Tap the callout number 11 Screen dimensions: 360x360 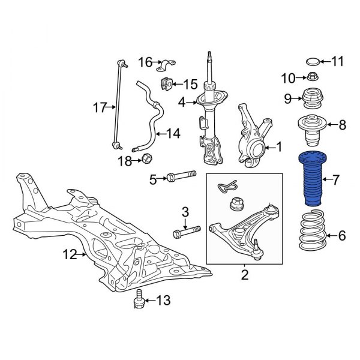[x=337, y=61]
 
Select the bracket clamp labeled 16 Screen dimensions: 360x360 [x=166, y=63]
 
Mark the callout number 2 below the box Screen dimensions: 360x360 [x=244, y=275]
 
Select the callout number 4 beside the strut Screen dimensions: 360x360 [x=182, y=102]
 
